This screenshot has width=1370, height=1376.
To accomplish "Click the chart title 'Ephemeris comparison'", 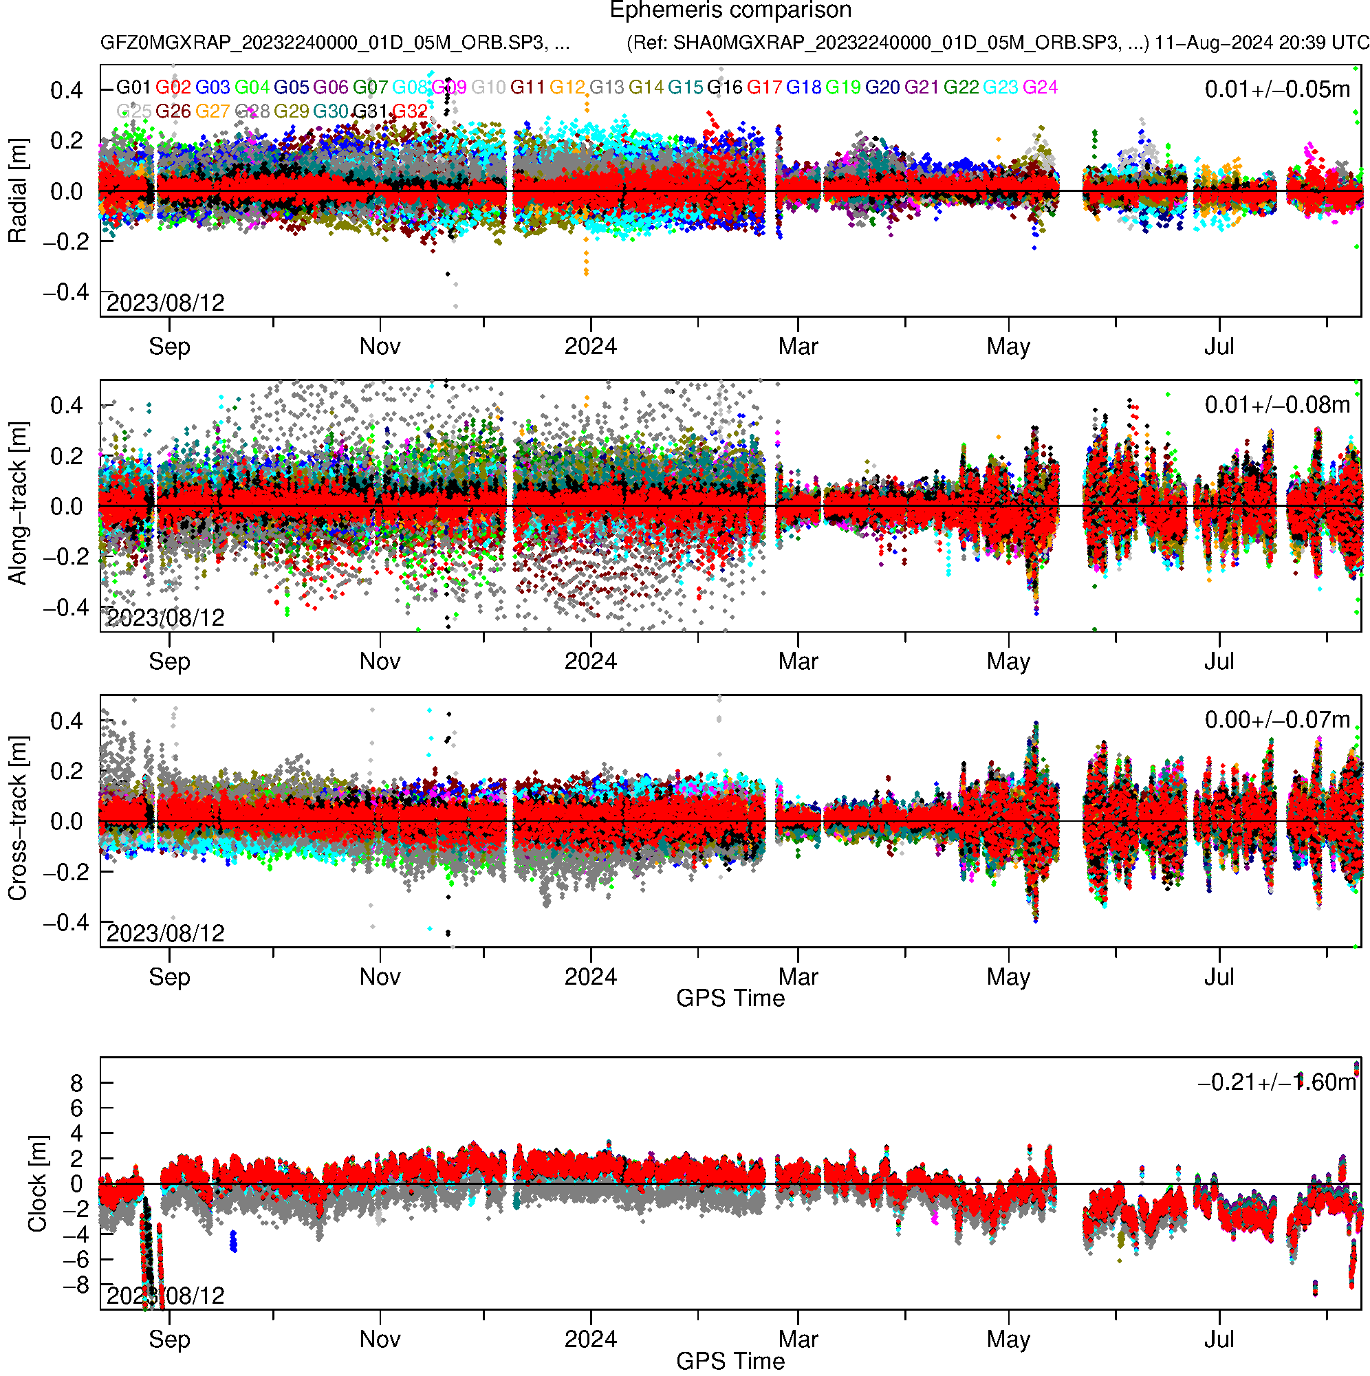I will coord(730,11).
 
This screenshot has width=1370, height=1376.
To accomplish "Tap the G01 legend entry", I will coord(133,87).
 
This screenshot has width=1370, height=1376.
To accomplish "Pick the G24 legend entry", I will coord(1040,87).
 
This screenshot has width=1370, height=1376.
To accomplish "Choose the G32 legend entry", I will coord(411,112).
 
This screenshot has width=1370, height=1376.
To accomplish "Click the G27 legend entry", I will coord(213,112).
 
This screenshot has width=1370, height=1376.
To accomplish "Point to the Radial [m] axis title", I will coord(18,191).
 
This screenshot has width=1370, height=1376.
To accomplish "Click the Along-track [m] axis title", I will coord(18,504).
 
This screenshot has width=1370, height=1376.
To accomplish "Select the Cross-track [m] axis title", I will coord(18,819).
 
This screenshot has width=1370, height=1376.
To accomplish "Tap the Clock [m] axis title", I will coord(37,1183).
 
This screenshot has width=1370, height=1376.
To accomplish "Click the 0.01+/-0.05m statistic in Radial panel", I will coord(1276,89).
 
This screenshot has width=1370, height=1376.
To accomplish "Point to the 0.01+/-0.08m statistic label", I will coord(1276,405).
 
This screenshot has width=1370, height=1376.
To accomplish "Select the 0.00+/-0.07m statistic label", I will coord(1276,720).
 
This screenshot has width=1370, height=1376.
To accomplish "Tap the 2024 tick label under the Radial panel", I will coord(590,347).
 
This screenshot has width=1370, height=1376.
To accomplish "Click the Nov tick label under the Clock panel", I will coord(380,1340).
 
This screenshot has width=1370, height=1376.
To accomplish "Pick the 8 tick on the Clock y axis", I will coord(76,1083).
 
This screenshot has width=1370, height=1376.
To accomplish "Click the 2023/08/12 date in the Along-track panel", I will coord(165,618).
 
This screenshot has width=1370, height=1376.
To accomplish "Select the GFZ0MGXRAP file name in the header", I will coord(335,43).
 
